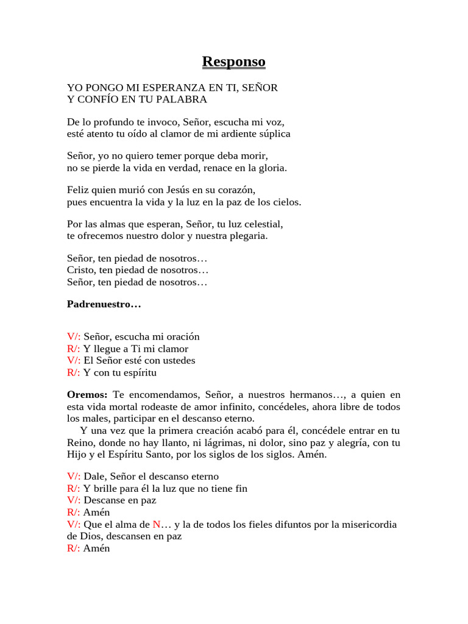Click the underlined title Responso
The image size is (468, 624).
tap(233, 62)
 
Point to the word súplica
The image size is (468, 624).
tap(274, 133)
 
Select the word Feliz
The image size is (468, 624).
tap(78, 190)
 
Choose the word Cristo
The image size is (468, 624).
tap(80, 270)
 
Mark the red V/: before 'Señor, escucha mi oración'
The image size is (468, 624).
tap(74, 337)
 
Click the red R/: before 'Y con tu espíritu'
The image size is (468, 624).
tap(74, 372)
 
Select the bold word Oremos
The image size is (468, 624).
tap(87, 395)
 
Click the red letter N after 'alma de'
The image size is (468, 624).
tap(156, 525)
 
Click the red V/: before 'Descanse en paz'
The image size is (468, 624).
tap(74, 500)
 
